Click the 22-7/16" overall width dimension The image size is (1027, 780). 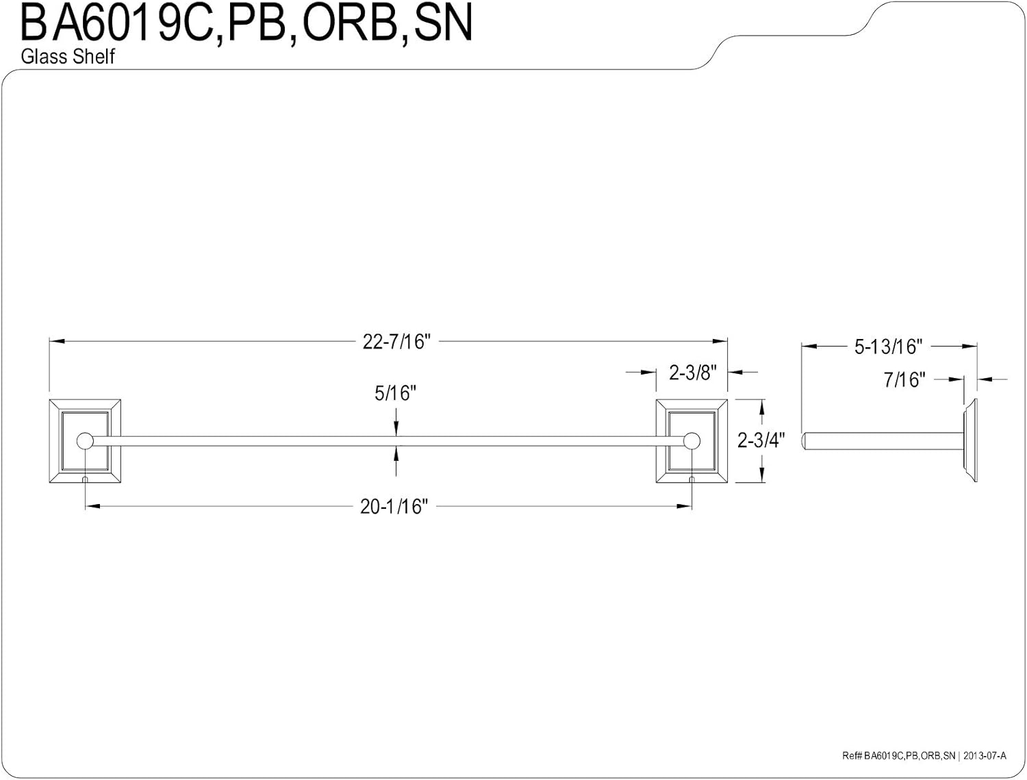[x=396, y=342]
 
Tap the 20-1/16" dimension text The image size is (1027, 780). [x=394, y=507]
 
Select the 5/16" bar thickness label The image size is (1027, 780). [x=395, y=394]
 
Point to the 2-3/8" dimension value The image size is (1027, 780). [x=692, y=373]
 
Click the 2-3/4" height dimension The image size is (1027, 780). [x=761, y=440]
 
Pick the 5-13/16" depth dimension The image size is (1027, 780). [x=888, y=347]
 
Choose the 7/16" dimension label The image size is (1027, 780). [x=904, y=379]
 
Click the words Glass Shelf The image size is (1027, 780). [x=68, y=57]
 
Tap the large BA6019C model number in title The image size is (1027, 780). [x=118, y=23]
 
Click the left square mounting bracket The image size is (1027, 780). [x=85, y=441]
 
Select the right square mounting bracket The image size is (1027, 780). [x=692, y=441]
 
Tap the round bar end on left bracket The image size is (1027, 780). [x=85, y=441]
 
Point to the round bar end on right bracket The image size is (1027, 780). [x=692, y=441]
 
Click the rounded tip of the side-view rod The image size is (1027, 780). [x=804, y=441]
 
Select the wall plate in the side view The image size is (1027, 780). [x=970, y=441]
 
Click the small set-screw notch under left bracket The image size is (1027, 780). [x=85, y=479]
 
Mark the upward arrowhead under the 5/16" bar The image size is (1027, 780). [x=396, y=452]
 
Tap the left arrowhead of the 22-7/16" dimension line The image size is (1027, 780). [x=57, y=341]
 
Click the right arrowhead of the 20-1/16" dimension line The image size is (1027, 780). [x=684, y=506]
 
